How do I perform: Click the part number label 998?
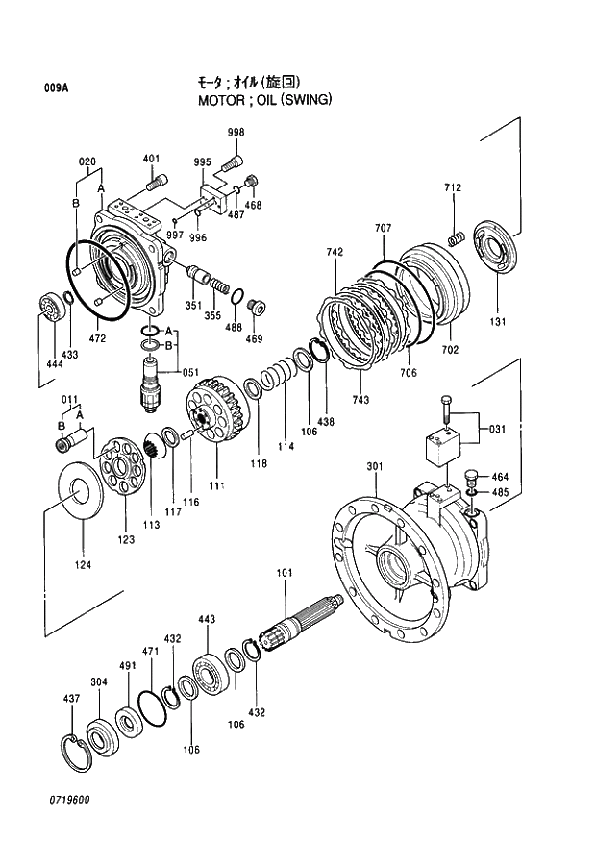tap(236, 132)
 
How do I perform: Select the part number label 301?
tap(374, 467)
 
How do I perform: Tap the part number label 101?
tap(285, 573)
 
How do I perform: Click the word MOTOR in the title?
tap(222, 99)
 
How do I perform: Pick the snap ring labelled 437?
tap(76, 749)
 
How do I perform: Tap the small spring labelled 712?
tap(459, 236)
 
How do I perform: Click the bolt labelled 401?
tap(156, 179)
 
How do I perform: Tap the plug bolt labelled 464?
tap(471, 475)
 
